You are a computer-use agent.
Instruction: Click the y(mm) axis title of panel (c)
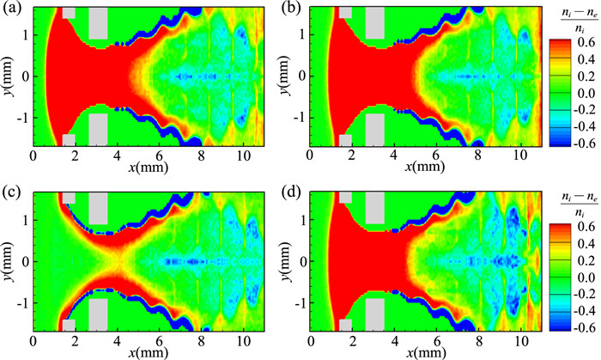[x=11, y=259]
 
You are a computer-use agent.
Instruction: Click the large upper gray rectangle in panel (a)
[x=98, y=23]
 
